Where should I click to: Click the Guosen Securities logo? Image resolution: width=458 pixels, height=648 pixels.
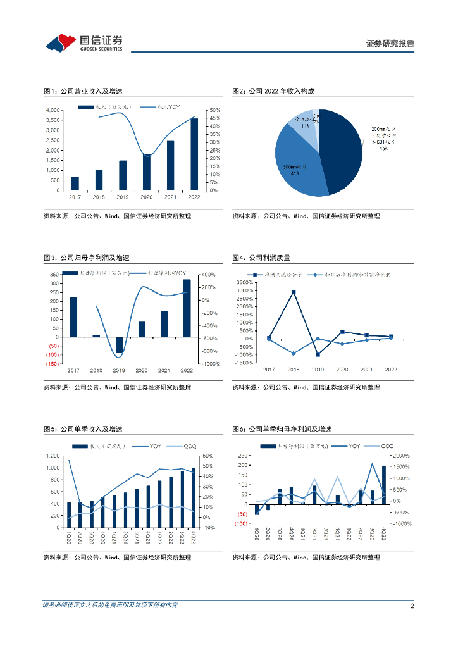pyautogui.click(x=83, y=43)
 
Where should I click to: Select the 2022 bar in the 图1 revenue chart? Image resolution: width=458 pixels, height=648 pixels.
pyautogui.click(x=194, y=154)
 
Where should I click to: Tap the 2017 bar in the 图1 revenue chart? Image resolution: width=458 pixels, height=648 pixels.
pyautogui.click(x=75, y=183)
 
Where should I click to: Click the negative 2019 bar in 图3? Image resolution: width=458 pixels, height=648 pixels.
pyautogui.click(x=119, y=345)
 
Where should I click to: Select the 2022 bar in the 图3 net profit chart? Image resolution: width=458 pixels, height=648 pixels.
pyautogui.click(x=187, y=308)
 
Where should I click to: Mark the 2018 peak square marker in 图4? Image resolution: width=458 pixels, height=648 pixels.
pyautogui.click(x=293, y=292)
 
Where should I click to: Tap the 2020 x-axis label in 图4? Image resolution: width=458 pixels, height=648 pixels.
pyautogui.click(x=342, y=370)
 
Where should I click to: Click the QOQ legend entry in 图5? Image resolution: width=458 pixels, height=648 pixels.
pyautogui.click(x=183, y=447)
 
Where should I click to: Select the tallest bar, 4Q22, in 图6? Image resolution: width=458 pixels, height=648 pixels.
pyautogui.click(x=383, y=485)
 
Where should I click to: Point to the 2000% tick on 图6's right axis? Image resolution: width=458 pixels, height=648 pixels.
pyautogui.click(x=401, y=456)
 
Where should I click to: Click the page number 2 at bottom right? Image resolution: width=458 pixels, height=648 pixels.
pyautogui.click(x=412, y=606)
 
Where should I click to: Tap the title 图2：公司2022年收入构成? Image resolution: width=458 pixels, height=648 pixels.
pyautogui.click(x=273, y=91)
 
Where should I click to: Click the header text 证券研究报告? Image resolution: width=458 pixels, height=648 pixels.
pyautogui.click(x=390, y=44)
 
